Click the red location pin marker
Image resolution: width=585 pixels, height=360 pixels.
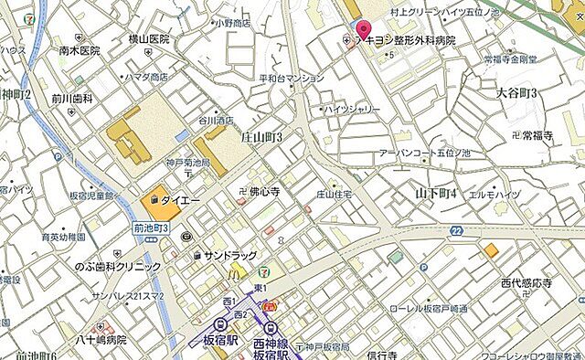pyautogui.click(x=363, y=30)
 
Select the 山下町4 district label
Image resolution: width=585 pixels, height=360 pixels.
pyautogui.click(x=435, y=194)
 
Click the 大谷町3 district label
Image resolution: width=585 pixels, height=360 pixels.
pyautogui.click(x=516, y=93)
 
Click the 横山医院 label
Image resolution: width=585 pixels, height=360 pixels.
pyautogui.click(x=149, y=39)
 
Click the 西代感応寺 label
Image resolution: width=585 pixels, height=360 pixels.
pyautogui.click(x=526, y=285)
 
